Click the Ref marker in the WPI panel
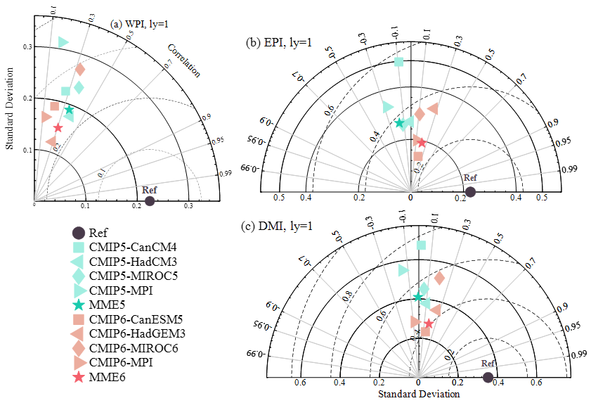pos(150,201)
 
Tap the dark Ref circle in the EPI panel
pos(470,191)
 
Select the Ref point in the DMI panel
pos(488,377)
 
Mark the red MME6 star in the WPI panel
pos(58,128)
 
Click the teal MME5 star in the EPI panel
pos(400,124)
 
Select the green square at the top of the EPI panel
pos(399,62)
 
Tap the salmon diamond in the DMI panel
pos(439,278)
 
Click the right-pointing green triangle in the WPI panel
pos(64,42)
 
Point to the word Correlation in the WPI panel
pos(183,60)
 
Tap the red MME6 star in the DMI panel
pos(429,324)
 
